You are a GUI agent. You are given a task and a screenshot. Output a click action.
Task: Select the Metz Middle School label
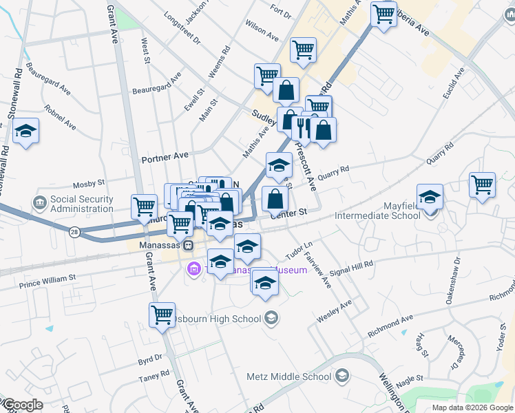[289, 377]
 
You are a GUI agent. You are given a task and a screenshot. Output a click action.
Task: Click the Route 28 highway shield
[74, 233]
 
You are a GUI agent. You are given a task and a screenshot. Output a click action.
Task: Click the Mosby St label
[88, 184]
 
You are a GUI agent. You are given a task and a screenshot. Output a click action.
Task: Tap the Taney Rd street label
[155, 375]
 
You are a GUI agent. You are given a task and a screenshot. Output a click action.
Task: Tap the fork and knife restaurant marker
[302, 127]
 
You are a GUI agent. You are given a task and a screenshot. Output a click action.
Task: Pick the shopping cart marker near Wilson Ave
[303, 50]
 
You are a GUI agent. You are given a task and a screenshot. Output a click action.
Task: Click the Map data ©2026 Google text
[472, 407]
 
